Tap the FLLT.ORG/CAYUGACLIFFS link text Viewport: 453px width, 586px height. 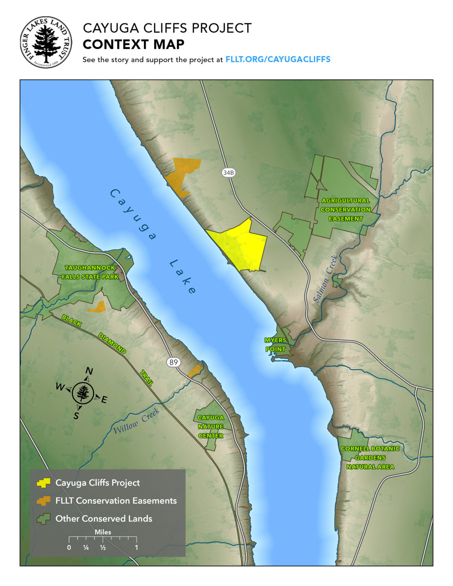(x=277, y=60)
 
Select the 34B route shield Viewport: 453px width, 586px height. (x=228, y=173)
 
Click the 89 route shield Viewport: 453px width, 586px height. (x=174, y=362)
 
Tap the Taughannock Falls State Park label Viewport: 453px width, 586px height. (x=90, y=272)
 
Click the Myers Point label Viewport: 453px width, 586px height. (x=276, y=345)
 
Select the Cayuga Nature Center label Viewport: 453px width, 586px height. (x=211, y=427)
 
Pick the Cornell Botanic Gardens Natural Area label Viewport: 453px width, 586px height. (x=370, y=457)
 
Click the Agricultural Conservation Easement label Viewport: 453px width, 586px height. (x=345, y=209)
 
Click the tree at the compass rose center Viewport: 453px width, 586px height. (x=83, y=393)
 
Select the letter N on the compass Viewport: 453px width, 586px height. (x=89, y=371)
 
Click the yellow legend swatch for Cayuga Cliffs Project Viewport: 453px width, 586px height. (x=43, y=483)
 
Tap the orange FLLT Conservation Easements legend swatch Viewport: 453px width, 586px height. (x=43, y=501)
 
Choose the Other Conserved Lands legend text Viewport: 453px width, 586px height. (x=104, y=519)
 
